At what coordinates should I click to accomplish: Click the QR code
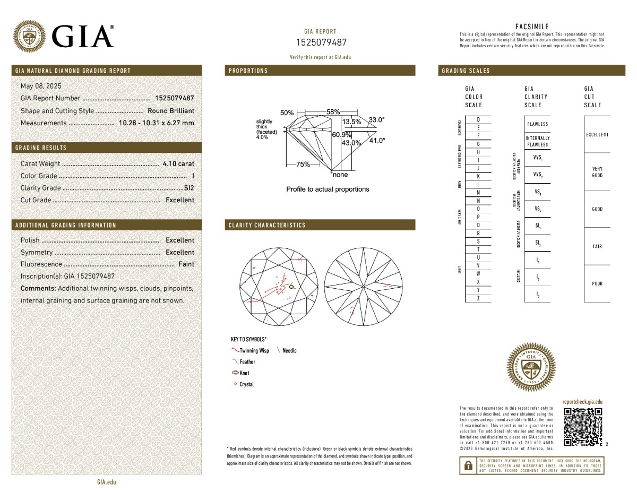(x=582, y=427)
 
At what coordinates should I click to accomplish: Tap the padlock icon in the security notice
(x=468, y=465)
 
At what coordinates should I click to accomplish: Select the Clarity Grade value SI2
(x=189, y=188)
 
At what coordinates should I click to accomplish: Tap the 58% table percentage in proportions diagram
(x=333, y=112)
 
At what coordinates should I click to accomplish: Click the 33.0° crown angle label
(x=376, y=120)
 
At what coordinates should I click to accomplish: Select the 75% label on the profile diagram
(x=303, y=165)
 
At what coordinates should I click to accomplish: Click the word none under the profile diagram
(x=340, y=175)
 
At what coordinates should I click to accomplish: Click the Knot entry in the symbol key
(x=244, y=373)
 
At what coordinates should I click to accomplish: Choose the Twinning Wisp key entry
(x=254, y=351)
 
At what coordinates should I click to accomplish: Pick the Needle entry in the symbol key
(x=289, y=351)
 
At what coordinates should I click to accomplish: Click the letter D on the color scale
(x=478, y=120)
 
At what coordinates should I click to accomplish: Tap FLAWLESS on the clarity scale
(x=538, y=124)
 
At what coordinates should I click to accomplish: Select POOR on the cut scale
(x=597, y=284)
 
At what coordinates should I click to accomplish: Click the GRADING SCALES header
(x=466, y=71)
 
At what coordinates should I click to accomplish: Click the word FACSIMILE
(x=532, y=27)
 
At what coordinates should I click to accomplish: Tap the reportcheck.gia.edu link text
(x=582, y=402)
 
